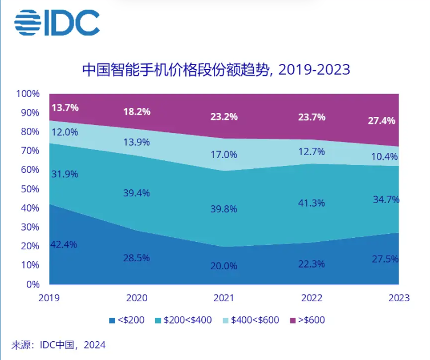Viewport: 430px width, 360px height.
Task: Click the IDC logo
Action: [x=57, y=23]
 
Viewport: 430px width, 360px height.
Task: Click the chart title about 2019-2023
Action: [x=216, y=70]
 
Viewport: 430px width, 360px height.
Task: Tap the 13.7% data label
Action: [x=64, y=107]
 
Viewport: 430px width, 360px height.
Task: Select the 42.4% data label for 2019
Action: [x=64, y=244]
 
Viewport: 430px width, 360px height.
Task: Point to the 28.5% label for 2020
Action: [x=136, y=258]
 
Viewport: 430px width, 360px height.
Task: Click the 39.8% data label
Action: [x=224, y=208]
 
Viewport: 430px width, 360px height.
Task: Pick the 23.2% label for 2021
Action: [x=224, y=116]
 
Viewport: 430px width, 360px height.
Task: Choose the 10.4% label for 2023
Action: [x=386, y=156]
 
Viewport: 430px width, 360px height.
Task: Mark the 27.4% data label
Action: [x=383, y=121]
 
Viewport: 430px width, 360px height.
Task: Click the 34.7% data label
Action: [x=386, y=200]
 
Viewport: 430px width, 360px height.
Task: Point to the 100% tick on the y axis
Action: [x=28, y=94]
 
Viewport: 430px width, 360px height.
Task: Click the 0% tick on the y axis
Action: [x=33, y=284]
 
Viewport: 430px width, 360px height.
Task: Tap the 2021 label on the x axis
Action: [x=224, y=298]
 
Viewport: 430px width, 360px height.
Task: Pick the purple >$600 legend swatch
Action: [x=293, y=320]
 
